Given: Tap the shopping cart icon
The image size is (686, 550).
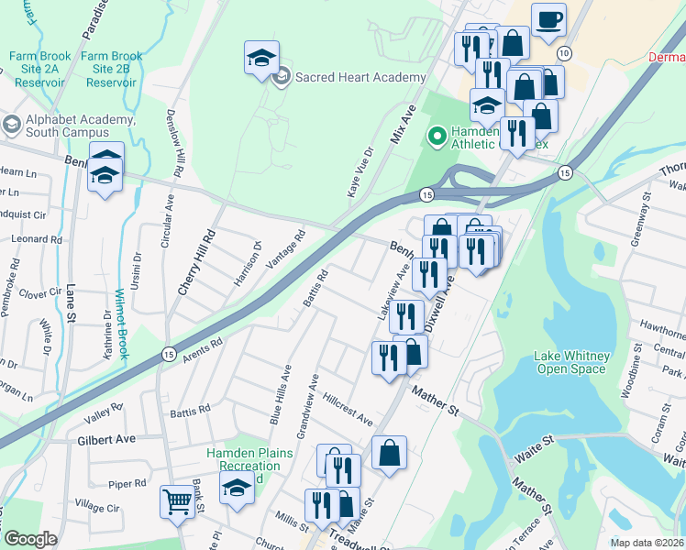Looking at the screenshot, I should pyautogui.click(x=177, y=500).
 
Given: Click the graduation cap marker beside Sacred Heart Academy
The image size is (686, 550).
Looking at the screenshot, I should pyautogui.click(x=261, y=58).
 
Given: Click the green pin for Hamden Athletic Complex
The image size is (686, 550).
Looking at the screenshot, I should pyautogui.click(x=437, y=137).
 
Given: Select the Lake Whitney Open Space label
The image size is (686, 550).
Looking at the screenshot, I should pyautogui.click(x=570, y=362).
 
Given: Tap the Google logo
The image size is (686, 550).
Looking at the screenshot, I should pyautogui.click(x=29, y=539).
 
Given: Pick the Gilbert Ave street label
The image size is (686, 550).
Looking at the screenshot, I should pyautogui.click(x=106, y=439).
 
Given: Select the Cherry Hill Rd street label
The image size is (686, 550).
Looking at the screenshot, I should pyautogui.click(x=195, y=261).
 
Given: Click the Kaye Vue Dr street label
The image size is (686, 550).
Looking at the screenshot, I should pyautogui.click(x=360, y=171).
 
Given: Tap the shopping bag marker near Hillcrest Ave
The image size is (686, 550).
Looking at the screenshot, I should pyautogui.click(x=389, y=452).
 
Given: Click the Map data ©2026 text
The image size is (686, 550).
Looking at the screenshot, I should pyautogui.click(x=647, y=543).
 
